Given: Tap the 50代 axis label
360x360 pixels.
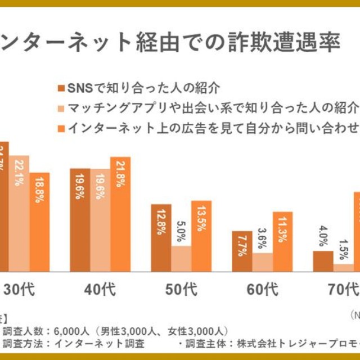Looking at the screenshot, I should coord(181,290).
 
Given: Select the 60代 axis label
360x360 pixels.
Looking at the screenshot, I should coord(262,290).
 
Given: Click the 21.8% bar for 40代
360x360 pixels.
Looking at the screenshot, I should coord(120,214).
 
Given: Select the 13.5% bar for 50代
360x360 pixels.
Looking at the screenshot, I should coord(201,236).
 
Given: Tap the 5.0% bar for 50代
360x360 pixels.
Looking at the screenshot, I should coord(181,259).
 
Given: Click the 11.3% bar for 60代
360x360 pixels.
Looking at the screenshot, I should coord(282,242).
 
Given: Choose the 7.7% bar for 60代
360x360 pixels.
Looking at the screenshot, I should coord(242,251).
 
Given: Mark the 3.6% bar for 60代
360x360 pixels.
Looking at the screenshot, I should coord(262,262).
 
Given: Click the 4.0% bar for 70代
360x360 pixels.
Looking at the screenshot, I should coord(323,262).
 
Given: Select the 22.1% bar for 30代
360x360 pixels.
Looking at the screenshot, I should coord(19,214).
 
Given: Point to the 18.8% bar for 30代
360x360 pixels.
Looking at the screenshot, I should coord(39,222).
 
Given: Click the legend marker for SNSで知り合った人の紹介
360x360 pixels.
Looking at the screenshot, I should coord(61,88).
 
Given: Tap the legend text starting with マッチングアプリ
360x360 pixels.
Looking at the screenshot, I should coord(213,107).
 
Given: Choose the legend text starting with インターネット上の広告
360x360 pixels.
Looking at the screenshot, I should coord(213,127).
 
